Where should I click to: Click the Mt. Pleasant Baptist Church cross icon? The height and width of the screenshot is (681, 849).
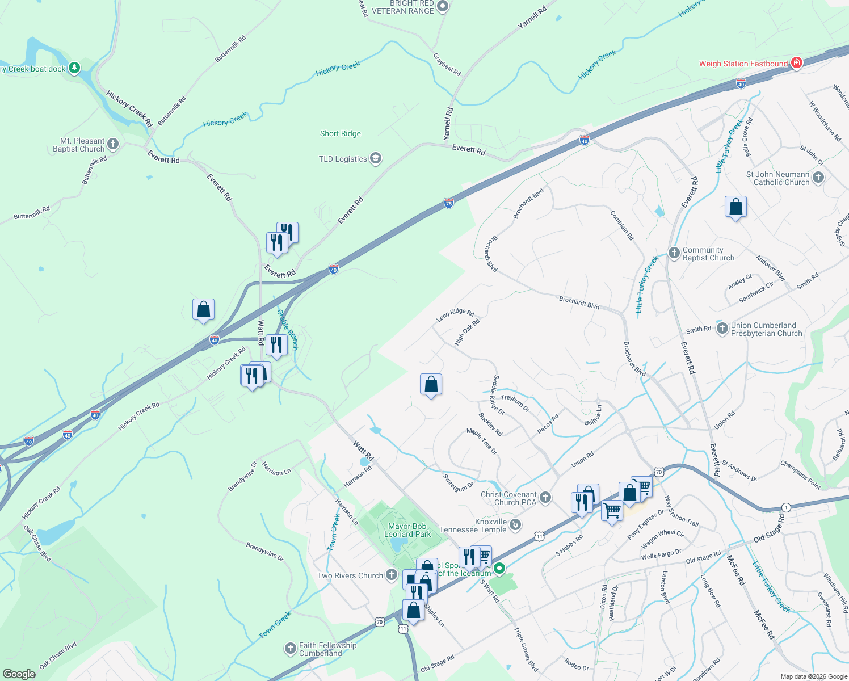point(113,144)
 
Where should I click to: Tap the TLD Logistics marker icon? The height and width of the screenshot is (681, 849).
point(375,158)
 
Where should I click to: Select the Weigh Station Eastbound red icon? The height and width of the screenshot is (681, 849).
point(796,63)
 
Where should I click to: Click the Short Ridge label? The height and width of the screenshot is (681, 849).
point(340,133)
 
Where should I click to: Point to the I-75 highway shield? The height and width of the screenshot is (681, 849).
point(448,203)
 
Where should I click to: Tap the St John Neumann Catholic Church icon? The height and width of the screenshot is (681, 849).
point(818,178)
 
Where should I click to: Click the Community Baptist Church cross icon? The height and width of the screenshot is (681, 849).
point(674,253)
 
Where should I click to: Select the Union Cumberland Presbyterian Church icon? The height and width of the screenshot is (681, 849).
point(722,328)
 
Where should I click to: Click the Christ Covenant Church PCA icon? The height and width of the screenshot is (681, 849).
point(545,498)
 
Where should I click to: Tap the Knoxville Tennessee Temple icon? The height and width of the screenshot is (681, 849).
point(515,525)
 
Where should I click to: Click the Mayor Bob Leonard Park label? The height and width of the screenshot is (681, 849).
point(407,530)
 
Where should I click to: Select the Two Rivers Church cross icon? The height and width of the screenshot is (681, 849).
point(391,575)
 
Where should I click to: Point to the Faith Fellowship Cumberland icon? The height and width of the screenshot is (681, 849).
point(290,648)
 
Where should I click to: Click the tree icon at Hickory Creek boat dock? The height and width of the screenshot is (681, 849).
point(74,69)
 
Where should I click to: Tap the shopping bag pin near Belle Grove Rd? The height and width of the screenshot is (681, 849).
point(735,208)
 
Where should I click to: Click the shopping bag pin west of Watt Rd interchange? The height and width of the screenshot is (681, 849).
point(203,310)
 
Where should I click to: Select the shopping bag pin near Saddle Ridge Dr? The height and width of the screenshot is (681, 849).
point(431,385)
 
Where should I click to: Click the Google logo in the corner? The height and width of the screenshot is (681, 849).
point(19,674)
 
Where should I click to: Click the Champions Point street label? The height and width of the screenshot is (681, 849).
point(800,474)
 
